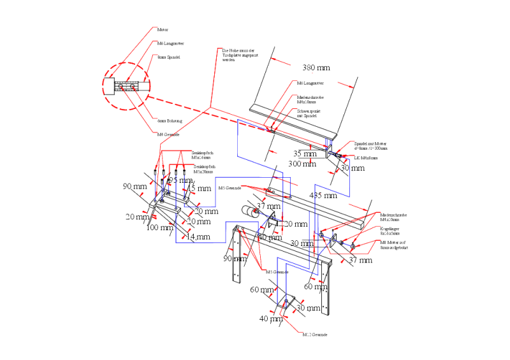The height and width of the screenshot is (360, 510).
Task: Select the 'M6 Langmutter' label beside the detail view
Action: pyautogui.click(x=171, y=43)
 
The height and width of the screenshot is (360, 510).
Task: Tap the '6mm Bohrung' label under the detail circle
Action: pyautogui.click(x=170, y=120)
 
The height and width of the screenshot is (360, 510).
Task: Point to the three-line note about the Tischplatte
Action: pyautogui.click(x=238, y=54)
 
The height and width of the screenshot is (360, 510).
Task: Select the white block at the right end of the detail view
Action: pyautogui.click(x=145, y=85)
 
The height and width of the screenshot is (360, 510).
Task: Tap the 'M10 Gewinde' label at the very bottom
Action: pyautogui.click(x=315, y=333)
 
